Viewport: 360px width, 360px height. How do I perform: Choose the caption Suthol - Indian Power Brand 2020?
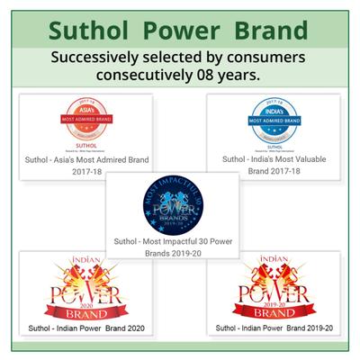point(87,327)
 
